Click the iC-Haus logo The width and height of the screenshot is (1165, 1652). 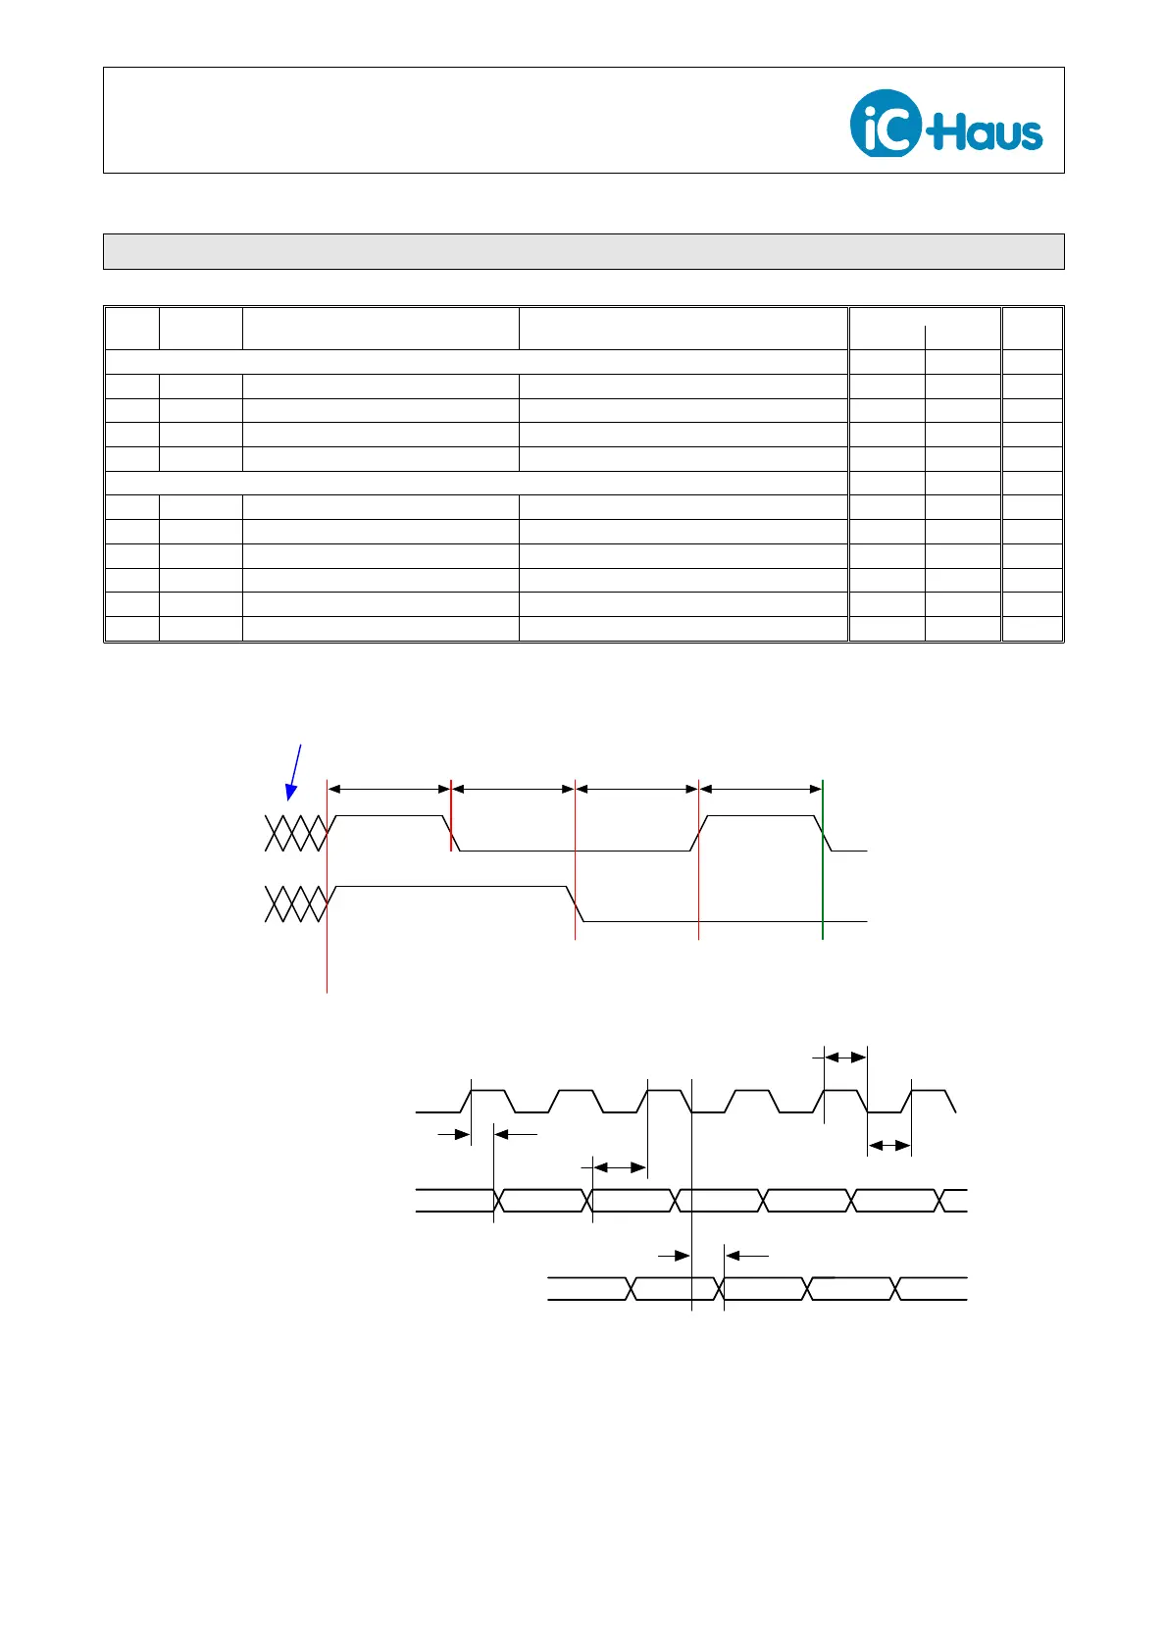tap(945, 123)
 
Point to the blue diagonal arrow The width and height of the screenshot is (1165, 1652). tap(294, 771)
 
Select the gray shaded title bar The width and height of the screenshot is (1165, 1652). tap(583, 251)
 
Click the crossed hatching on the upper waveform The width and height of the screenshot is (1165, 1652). tap(294, 833)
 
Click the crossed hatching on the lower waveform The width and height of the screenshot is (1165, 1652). tap(294, 903)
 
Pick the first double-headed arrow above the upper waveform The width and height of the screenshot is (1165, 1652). tap(388, 788)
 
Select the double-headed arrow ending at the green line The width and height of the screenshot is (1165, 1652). tap(761, 788)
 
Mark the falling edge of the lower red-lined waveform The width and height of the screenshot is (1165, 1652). tap(576, 903)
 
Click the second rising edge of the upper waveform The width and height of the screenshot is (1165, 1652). tap(699, 833)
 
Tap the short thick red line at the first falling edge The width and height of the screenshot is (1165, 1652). tap(451, 815)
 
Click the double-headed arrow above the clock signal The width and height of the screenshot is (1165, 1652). tap(845, 1057)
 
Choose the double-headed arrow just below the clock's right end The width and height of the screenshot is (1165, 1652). tap(889, 1145)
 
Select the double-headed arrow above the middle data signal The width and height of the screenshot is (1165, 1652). tap(620, 1167)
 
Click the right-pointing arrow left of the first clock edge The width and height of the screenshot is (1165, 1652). tap(453, 1134)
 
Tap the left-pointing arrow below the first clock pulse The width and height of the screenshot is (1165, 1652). tap(514, 1134)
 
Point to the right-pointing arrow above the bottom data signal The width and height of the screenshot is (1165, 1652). tap(675, 1255)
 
